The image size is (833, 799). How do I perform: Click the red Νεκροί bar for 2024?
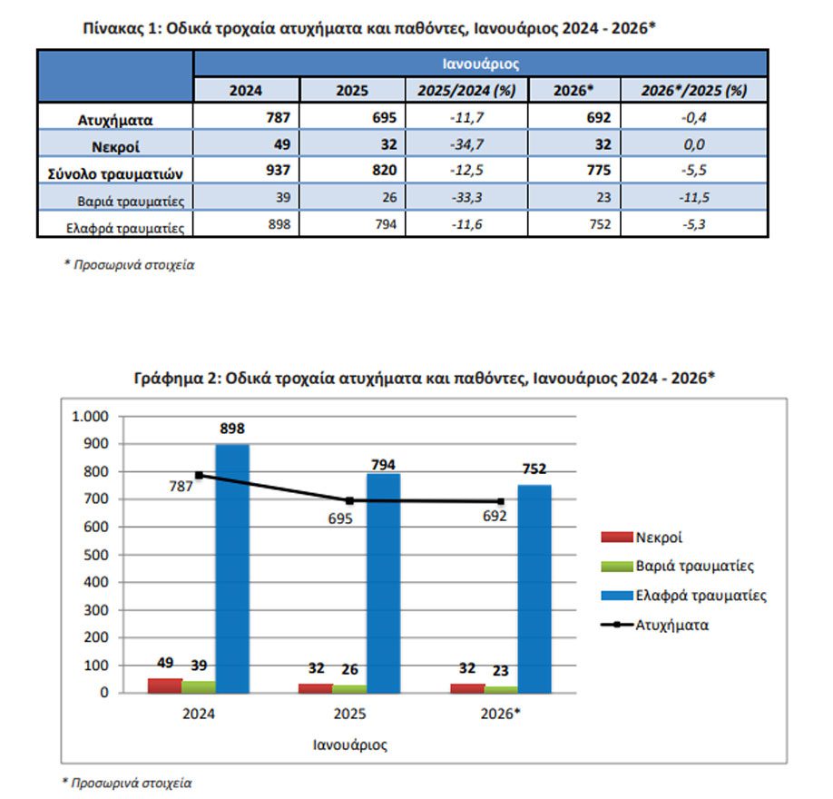tap(165, 686)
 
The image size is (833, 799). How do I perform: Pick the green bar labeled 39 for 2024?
tap(199, 686)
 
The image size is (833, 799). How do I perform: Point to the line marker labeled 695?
tap(350, 500)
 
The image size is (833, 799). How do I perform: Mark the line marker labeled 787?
tap(199, 475)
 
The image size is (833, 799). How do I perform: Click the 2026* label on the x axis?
tap(501, 714)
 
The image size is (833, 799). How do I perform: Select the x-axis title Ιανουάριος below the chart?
tap(350, 745)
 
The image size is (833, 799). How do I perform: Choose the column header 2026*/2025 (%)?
tap(694, 91)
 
